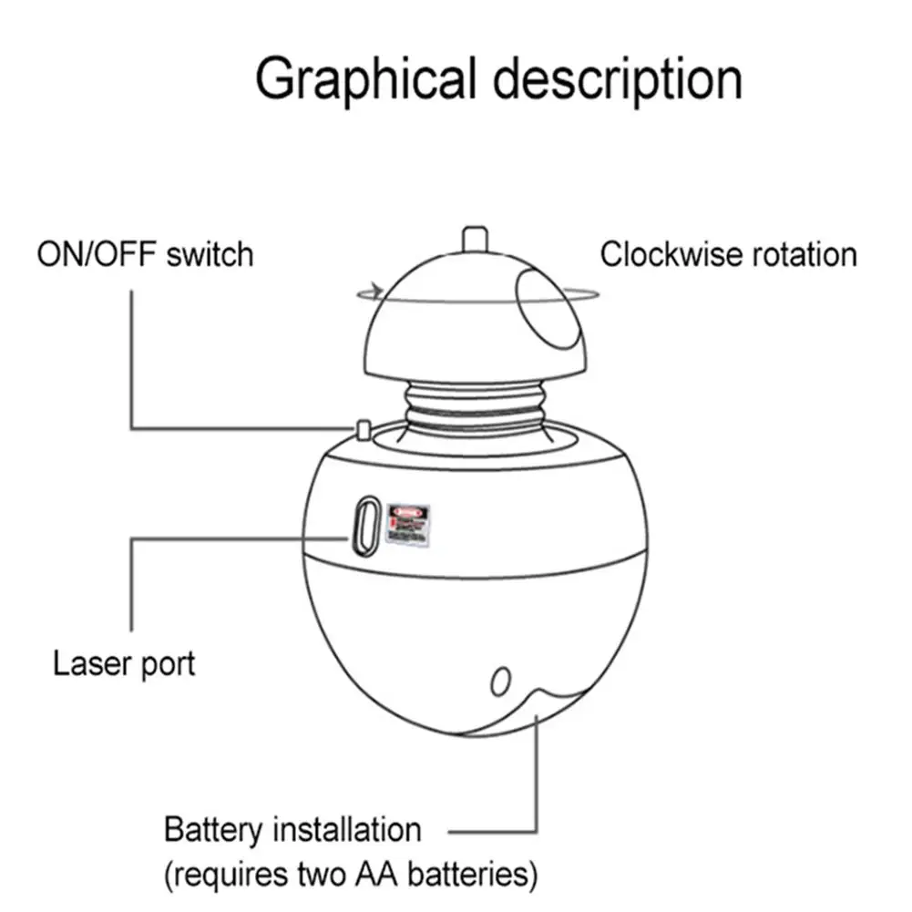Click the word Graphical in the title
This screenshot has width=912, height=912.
pos(364,80)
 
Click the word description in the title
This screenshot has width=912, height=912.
pos(617,80)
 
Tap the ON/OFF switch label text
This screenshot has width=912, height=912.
pos(145,253)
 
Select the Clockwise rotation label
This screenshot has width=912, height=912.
pos(728,254)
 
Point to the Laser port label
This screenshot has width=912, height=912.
pos(124,662)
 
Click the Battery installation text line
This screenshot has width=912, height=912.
pos(292,830)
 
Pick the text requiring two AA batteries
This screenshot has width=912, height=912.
pos(351,876)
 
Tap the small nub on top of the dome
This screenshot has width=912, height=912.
pos(474,238)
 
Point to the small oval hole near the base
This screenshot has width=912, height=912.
pos(499,681)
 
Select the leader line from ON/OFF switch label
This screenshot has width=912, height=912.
pos(133,364)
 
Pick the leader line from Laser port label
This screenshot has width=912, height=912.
pos(133,583)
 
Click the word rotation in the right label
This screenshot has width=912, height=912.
pos(799,254)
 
